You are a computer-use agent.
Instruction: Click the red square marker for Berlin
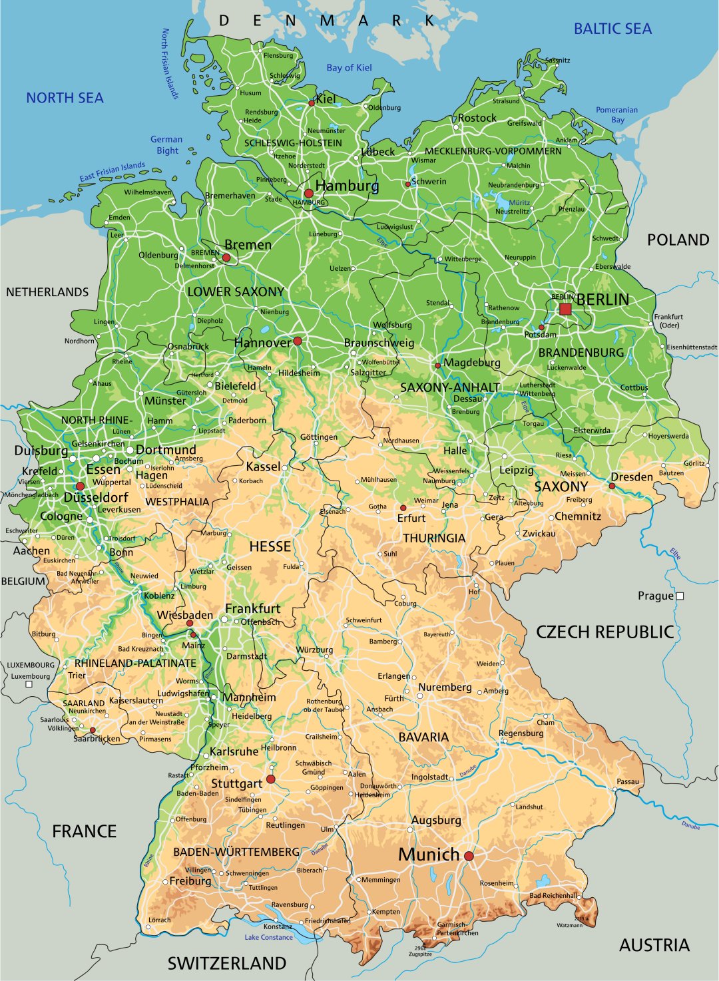coord(565,309)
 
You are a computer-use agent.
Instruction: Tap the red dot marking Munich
coord(469,856)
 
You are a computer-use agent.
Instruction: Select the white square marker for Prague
coord(680,596)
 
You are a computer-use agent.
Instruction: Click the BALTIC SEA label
coord(612,29)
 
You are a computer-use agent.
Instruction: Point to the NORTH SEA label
coord(65,98)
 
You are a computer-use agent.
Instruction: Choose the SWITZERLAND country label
coord(226,963)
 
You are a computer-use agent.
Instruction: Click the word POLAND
coord(678,240)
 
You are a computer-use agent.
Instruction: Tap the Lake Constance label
coord(268,937)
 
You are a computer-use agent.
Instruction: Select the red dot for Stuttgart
coord(270,779)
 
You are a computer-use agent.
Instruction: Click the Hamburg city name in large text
coord(347,186)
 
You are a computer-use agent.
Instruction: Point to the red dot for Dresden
coord(612,486)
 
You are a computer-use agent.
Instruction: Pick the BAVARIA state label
coord(423,737)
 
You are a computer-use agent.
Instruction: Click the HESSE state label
coord(270,546)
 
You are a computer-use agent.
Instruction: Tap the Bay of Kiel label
coord(349,67)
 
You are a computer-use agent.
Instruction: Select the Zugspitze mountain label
coord(419,954)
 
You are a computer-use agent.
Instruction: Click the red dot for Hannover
coord(298,341)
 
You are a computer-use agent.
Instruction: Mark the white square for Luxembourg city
coord(29,684)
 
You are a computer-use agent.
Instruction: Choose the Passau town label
coord(628,781)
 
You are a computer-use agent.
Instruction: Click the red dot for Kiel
coord(311,103)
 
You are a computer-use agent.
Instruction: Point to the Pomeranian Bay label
coord(616,114)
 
